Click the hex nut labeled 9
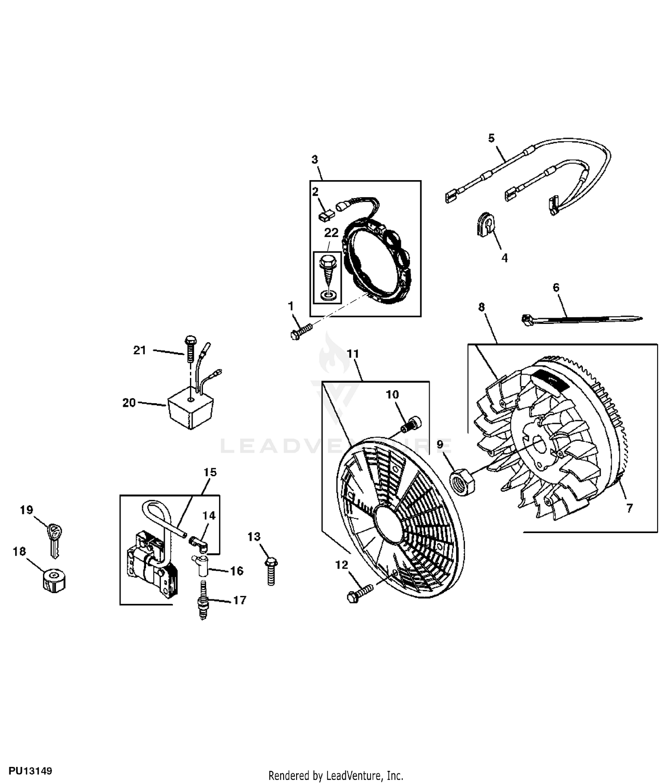coord(463,482)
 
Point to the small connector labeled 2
coord(327,215)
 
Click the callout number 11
coord(353,354)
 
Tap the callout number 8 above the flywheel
coord(482,307)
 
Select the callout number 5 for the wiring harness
coord(491,138)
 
